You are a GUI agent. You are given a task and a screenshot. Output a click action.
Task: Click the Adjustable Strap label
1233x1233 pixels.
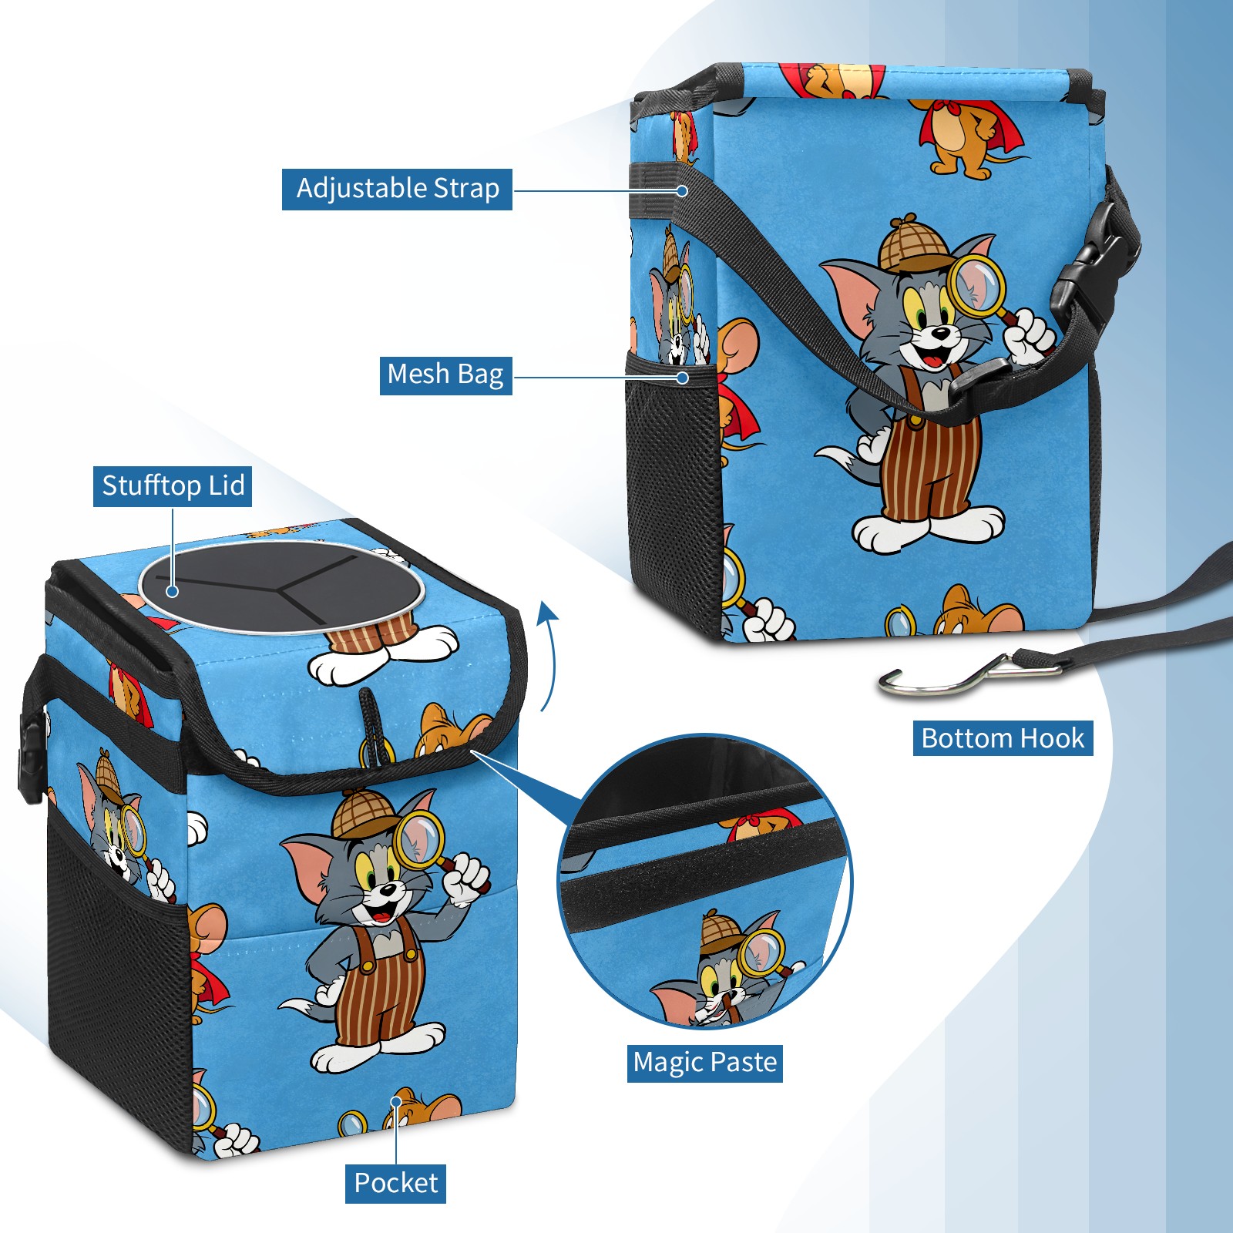click(x=397, y=189)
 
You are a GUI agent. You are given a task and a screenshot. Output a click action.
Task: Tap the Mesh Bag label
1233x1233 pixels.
click(x=445, y=375)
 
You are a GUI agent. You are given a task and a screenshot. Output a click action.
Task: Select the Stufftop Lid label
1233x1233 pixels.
click(x=173, y=486)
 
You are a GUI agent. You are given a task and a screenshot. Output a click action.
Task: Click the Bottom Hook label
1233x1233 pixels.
click(x=1003, y=738)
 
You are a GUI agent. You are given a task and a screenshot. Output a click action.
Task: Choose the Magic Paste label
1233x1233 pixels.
click(x=704, y=1063)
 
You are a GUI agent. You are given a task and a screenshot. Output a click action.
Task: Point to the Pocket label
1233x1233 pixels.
click(x=395, y=1183)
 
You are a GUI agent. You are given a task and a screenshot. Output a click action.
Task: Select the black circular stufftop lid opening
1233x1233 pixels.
click(x=281, y=586)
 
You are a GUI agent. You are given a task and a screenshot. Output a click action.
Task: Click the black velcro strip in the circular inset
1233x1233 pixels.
click(x=701, y=871)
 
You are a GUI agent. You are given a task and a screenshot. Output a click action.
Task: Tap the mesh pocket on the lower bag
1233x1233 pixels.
click(x=116, y=979)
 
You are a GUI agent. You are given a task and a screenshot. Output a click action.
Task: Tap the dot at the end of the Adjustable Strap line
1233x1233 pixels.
click(x=682, y=190)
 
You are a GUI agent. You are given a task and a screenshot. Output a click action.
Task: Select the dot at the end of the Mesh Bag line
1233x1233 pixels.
click(x=682, y=378)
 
